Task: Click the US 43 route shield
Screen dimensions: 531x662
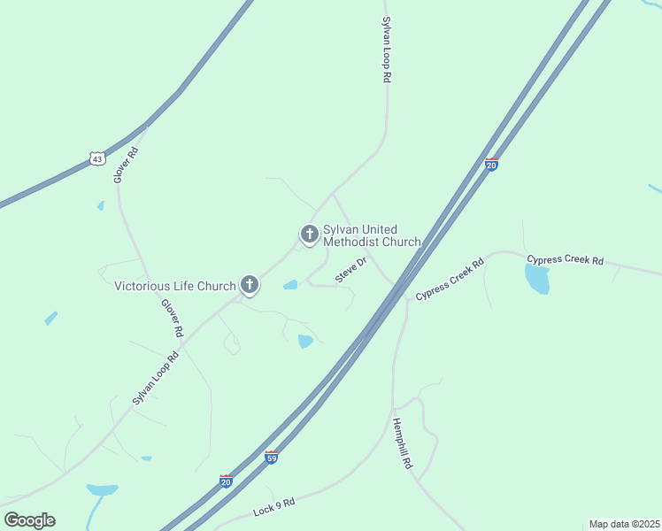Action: (97, 158)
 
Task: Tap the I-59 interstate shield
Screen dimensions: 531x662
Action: (272, 458)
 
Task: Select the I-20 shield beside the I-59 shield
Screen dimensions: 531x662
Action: (227, 481)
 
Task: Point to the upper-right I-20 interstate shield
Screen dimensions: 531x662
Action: (492, 164)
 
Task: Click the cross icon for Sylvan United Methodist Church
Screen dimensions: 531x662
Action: (309, 234)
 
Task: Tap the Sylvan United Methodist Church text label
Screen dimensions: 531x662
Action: (372, 235)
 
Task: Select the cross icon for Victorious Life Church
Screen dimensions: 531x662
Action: (250, 285)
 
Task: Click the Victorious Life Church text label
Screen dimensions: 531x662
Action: (175, 286)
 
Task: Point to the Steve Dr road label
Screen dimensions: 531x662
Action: (350, 272)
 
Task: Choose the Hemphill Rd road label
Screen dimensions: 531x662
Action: (403, 442)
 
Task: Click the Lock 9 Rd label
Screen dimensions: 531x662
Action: (273, 508)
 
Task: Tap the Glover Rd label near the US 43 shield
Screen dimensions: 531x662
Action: (126, 165)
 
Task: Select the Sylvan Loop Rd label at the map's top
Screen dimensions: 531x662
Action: (387, 50)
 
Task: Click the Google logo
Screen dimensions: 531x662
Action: (29, 520)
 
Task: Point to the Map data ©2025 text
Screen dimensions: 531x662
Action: (624, 524)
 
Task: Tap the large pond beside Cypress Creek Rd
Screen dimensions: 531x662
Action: (537, 279)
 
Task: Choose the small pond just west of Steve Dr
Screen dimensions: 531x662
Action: (289, 285)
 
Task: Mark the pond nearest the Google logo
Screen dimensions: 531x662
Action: (102, 489)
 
